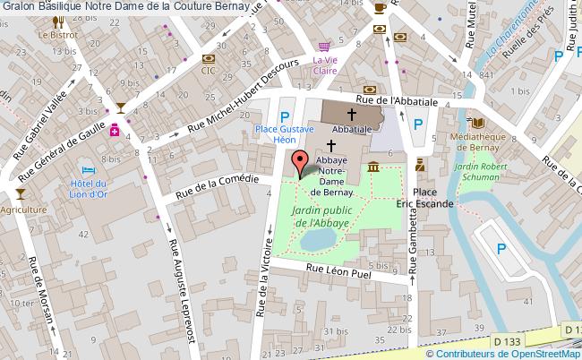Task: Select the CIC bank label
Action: pos(208,69)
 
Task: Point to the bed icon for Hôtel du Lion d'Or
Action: pos(87,169)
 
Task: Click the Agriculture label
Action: pos(23,210)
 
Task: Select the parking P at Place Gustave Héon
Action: pos(285,116)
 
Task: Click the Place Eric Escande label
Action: pos(425,198)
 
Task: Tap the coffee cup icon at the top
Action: pos(380,7)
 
